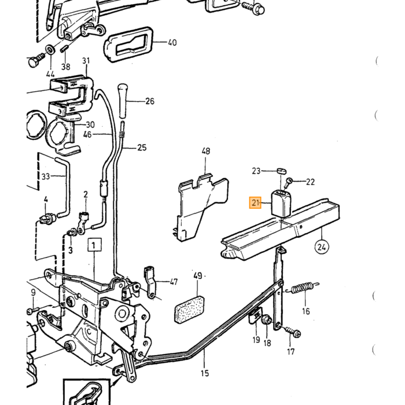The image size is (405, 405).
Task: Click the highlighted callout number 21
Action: tap(255, 203)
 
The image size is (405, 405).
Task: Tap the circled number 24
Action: tap(322, 247)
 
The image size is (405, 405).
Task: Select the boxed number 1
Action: tap(94, 245)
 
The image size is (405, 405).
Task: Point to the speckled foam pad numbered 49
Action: tap(189, 309)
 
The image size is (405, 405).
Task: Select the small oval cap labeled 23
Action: tap(281, 171)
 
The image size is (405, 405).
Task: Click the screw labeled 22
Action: tap(288, 183)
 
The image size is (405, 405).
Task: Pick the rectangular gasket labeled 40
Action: tap(128, 44)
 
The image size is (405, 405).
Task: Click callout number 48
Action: tap(205, 151)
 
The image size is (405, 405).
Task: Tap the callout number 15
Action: tap(205, 373)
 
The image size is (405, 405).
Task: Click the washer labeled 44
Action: tap(50, 49)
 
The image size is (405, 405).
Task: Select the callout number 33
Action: tap(46, 176)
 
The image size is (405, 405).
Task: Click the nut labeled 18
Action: tap(267, 321)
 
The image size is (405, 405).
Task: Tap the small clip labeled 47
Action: tap(150, 282)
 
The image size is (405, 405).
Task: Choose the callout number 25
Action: tap(142, 148)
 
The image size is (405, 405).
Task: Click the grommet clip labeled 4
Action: tap(48, 219)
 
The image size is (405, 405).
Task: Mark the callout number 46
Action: tap(87, 135)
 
